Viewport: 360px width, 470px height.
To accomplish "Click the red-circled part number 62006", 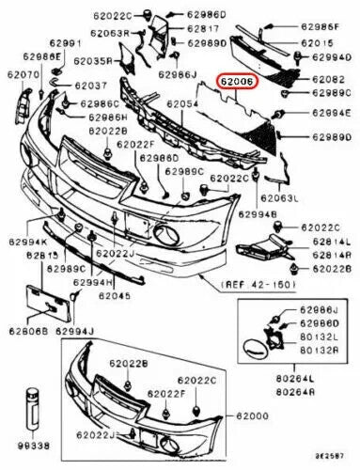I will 236,83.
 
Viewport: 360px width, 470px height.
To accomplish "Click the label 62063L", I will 279,200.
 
